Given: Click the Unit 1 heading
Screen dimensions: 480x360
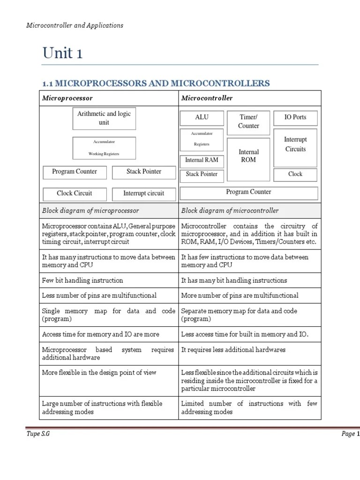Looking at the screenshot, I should (62, 53).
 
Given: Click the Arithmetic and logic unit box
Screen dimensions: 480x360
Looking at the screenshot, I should (104, 118).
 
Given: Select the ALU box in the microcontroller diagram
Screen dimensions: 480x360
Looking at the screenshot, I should (202, 117).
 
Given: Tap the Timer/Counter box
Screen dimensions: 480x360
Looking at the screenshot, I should (248, 121).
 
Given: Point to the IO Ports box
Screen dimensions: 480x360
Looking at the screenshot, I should (295, 117).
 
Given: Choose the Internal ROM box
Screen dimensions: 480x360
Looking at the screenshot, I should (248, 156).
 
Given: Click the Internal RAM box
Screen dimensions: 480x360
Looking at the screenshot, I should (202, 160).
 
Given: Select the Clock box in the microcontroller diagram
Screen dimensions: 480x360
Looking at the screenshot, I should (295, 174).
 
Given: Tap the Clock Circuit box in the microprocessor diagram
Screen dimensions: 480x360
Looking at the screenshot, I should (74, 193).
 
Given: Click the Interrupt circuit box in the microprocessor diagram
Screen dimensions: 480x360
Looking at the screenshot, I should (143, 193).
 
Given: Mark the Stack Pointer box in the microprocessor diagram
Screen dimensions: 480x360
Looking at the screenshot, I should (143, 172).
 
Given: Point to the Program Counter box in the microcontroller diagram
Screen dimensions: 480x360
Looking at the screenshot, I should (248, 192).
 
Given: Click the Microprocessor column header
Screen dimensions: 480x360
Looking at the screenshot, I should (67, 98).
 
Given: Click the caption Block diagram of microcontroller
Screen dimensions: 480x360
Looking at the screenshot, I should (230, 210).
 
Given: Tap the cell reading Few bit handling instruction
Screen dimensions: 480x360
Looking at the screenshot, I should (82, 280).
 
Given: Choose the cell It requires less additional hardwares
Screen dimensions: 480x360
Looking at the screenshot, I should (233, 350).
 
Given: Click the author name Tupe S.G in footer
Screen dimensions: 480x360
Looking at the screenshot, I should (37, 434).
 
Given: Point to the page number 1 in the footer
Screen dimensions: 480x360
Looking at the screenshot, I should (358, 434).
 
